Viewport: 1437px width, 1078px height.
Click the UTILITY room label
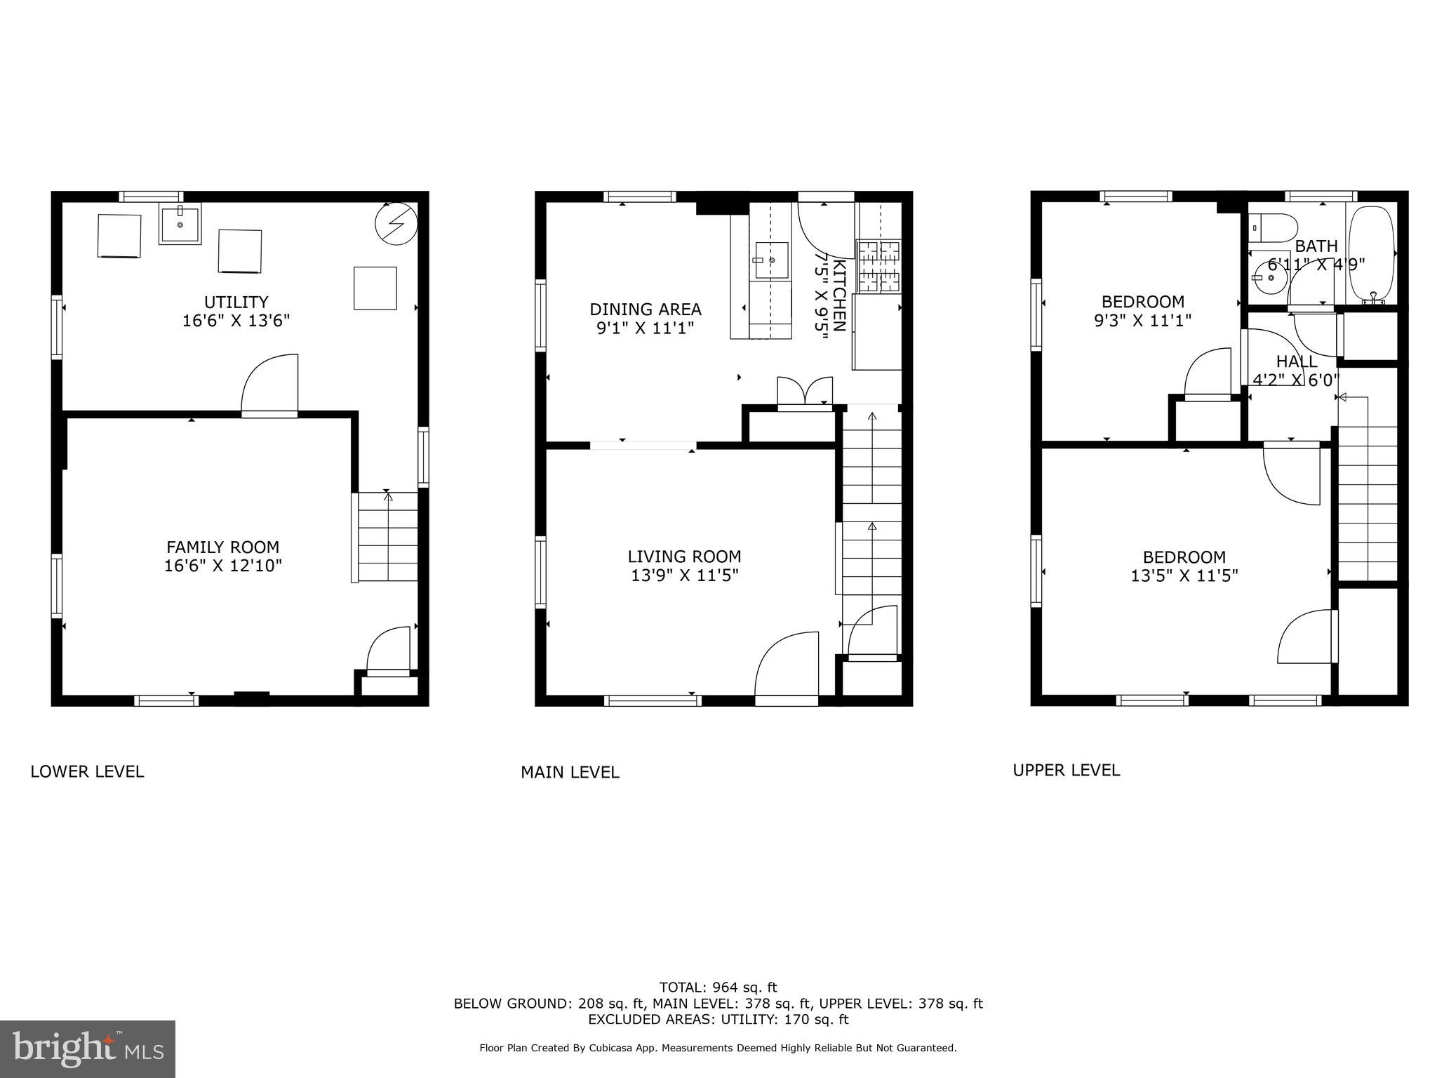click(x=236, y=302)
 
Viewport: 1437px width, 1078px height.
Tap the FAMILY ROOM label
click(x=222, y=547)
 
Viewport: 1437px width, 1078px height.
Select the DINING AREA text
click(x=645, y=310)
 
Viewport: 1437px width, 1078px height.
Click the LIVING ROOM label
click(x=684, y=557)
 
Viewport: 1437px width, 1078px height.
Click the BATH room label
click(x=1316, y=246)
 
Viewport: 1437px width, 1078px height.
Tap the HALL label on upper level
click(x=1296, y=362)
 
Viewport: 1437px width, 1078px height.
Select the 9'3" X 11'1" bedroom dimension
click(x=1142, y=321)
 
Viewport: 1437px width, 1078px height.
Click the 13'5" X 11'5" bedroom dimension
click(x=1184, y=576)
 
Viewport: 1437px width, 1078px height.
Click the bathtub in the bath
click(x=1370, y=253)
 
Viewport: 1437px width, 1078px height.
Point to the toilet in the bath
click(x=1273, y=227)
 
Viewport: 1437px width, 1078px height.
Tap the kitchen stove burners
click(x=878, y=266)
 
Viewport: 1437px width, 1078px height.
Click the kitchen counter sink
click(x=771, y=260)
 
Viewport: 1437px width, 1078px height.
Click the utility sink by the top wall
click(x=180, y=224)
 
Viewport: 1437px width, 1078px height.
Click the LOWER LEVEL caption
click(x=87, y=772)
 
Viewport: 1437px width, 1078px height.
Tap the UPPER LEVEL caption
click(x=1066, y=771)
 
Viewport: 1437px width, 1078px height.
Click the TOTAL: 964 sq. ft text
click(x=718, y=988)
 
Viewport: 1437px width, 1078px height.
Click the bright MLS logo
click(x=88, y=1049)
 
